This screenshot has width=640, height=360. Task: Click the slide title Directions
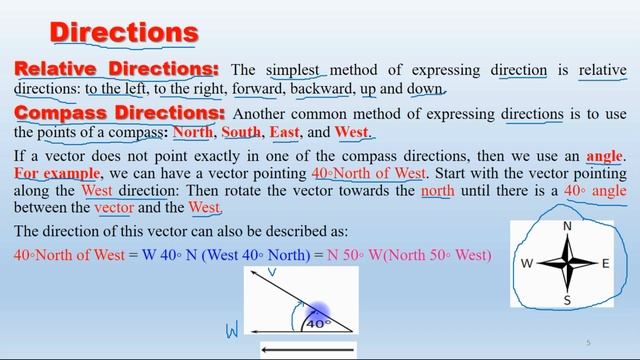[x=124, y=31]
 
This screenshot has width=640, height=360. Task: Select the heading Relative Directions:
[x=116, y=69]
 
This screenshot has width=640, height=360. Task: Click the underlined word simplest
[x=294, y=70]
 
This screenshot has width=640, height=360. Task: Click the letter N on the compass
[x=567, y=227]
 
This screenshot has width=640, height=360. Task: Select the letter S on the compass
[x=567, y=300]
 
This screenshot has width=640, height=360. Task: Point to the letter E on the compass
[x=604, y=264]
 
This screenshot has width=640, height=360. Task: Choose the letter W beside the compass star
[x=527, y=264]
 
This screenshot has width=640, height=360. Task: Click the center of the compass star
[x=567, y=263]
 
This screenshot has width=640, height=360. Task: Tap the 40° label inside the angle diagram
[x=317, y=323]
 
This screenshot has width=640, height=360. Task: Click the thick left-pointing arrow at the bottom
[x=306, y=349]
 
